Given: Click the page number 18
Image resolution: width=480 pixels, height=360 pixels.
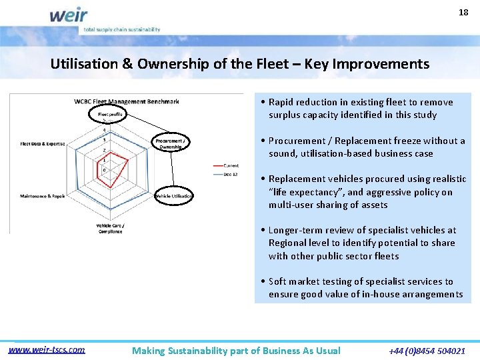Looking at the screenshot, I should (x=463, y=13).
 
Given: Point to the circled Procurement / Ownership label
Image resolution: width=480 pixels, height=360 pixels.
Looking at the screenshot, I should (x=172, y=143).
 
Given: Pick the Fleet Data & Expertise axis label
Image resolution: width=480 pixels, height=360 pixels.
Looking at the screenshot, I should (x=47, y=143).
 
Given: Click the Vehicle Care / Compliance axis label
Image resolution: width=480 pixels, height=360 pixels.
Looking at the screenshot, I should (x=110, y=228).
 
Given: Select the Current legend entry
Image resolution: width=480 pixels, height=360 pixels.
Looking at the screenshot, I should (x=231, y=165).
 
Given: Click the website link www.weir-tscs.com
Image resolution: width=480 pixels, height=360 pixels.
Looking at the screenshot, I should (x=47, y=349).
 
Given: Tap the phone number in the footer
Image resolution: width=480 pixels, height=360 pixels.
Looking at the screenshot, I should (x=427, y=351).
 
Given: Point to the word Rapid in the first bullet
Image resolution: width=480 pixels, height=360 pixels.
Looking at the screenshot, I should (x=281, y=102).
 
